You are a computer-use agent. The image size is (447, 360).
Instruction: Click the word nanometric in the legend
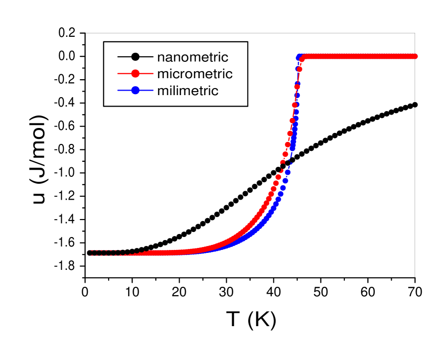pos(192,57)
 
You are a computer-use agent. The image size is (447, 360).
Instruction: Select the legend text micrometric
pos(194,74)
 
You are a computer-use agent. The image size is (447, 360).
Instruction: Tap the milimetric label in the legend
pos(187,91)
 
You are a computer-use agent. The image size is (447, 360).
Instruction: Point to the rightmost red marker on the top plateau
pos(415,56)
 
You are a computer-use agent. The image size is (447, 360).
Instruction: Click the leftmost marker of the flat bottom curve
pos(90,253)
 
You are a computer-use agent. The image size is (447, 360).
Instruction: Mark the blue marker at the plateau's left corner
pos(299,58)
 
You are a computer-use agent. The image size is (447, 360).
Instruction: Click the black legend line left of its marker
pos(124,57)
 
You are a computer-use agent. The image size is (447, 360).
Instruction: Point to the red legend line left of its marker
pos(124,74)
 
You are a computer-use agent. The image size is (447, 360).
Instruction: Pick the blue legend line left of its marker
pos(124,91)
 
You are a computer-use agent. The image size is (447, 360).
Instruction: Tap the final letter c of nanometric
pos(225,57)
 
